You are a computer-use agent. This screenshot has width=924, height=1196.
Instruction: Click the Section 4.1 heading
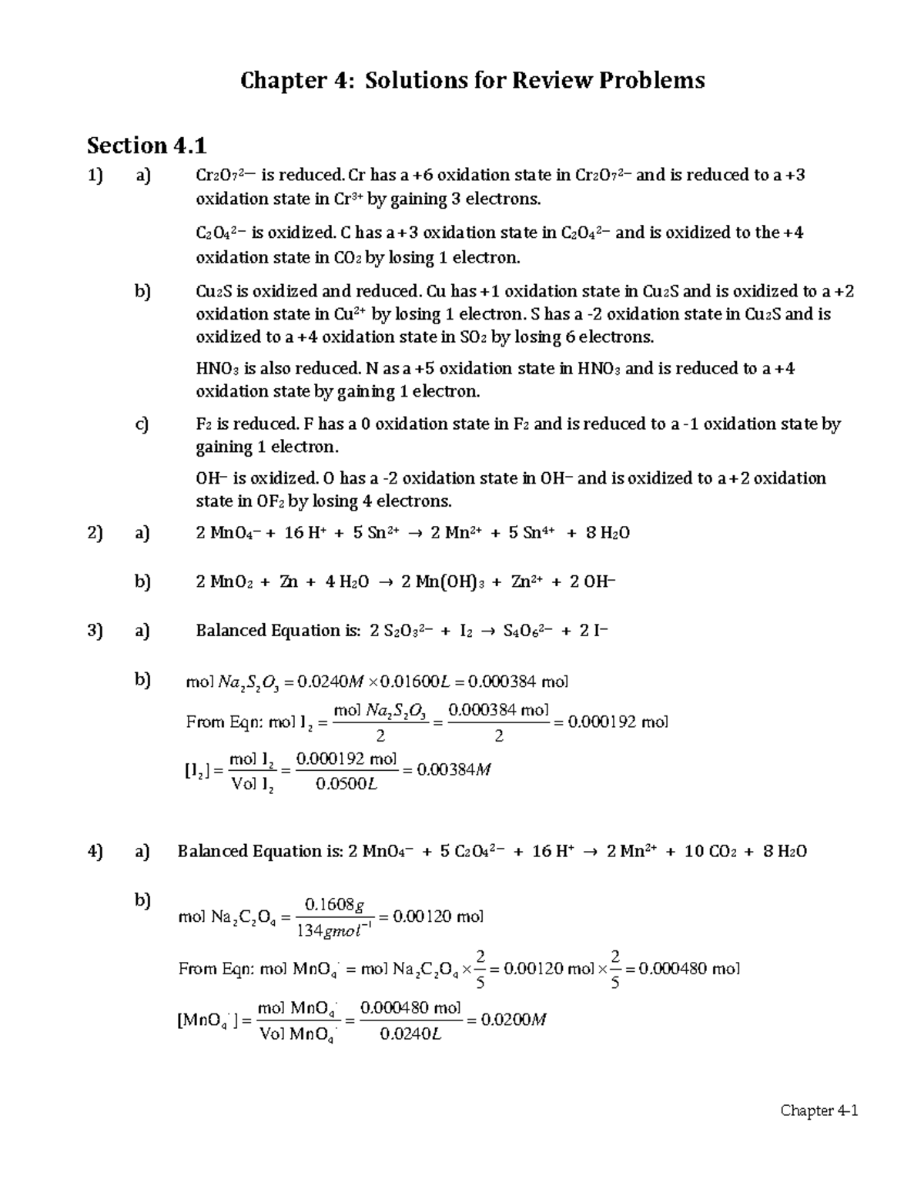[146, 145]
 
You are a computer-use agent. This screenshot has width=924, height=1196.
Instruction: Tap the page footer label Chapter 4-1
[819, 1111]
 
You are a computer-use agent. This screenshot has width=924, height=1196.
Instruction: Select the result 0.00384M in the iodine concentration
[454, 769]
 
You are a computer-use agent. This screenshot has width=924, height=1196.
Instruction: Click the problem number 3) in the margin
[95, 631]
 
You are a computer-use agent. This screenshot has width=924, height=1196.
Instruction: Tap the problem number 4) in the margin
[95, 851]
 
